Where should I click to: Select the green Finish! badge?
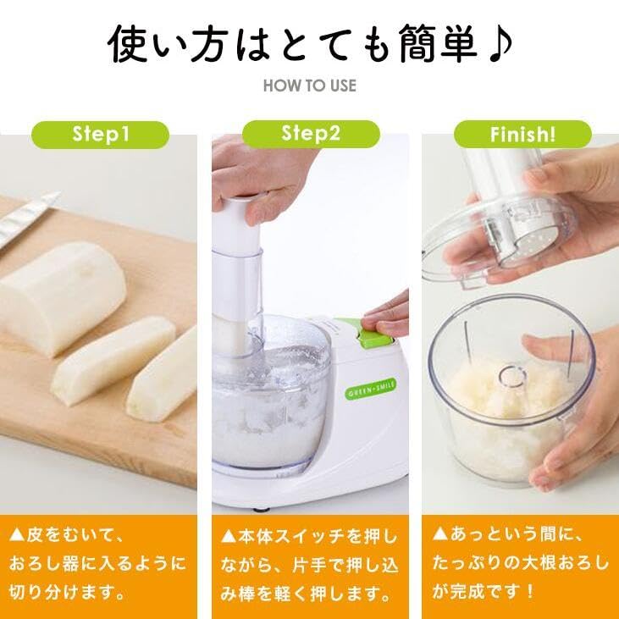click(522, 133)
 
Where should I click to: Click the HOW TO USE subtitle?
click(309, 86)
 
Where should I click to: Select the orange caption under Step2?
click(309, 562)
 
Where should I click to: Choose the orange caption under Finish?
click(521, 562)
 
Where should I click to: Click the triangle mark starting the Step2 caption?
click(228, 536)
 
